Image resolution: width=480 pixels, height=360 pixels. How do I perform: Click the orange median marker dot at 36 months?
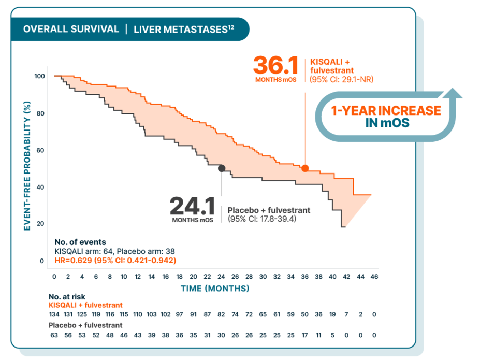[x=305, y=168]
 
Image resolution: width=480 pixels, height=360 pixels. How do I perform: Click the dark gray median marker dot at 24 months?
[x=222, y=168]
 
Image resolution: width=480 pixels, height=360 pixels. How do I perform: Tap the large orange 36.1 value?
[x=275, y=66]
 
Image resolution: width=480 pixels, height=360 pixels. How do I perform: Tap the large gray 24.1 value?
[x=192, y=207]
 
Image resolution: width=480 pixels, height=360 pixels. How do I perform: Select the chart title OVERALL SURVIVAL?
[x=71, y=29]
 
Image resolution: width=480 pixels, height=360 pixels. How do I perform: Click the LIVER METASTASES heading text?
[x=183, y=29]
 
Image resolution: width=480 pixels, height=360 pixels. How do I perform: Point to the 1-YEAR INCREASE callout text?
[x=386, y=111]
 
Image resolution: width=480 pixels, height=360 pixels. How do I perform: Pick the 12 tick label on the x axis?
[x=138, y=277]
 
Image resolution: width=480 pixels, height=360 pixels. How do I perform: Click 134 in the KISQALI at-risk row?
[x=54, y=314]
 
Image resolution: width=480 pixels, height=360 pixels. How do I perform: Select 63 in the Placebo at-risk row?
[x=54, y=335]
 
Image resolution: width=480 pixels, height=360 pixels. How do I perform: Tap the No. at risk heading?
[x=67, y=297]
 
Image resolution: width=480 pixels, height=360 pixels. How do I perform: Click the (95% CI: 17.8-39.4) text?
[x=261, y=219]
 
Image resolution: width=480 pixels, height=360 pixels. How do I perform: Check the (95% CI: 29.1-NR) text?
[x=341, y=80]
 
